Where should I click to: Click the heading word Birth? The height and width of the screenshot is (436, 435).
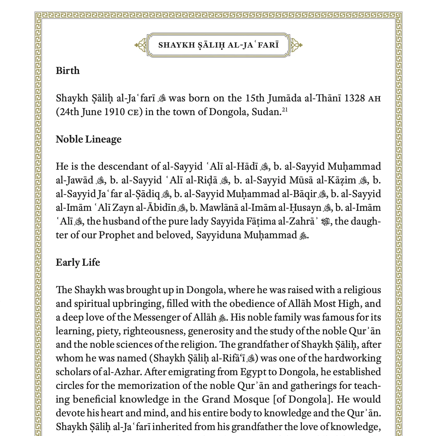pos(68,71)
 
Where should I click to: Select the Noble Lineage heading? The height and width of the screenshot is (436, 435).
pos(88,139)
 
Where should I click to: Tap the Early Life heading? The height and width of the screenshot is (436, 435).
pos(78,262)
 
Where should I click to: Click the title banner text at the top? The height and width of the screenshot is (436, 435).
pos(218,45)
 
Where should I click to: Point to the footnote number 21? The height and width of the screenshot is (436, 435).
pos(285,110)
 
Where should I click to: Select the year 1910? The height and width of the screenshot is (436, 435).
pos(114,112)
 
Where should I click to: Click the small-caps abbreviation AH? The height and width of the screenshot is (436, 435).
pos(375,99)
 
